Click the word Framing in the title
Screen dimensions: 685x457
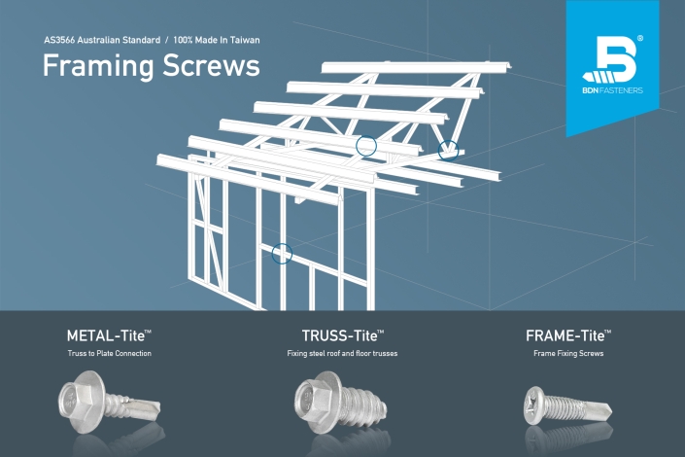coord(98,66)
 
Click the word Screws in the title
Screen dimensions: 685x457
coord(212,65)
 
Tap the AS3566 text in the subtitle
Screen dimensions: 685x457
coord(59,40)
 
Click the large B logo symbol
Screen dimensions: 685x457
coord(611,59)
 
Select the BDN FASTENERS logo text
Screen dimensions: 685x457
coord(612,90)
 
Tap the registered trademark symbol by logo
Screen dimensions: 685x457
coord(640,39)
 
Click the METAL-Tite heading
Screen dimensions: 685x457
coord(109,335)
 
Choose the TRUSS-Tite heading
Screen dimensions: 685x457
coord(343,335)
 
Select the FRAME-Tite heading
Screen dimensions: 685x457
coord(568,335)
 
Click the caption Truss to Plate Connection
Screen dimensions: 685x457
coord(110,353)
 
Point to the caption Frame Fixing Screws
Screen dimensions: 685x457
coord(568,353)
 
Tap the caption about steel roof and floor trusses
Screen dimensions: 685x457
coord(342,353)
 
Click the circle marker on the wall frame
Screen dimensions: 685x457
coord(282,254)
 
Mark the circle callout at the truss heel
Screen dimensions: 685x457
coord(448,151)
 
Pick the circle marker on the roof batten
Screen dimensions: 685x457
coord(366,146)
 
